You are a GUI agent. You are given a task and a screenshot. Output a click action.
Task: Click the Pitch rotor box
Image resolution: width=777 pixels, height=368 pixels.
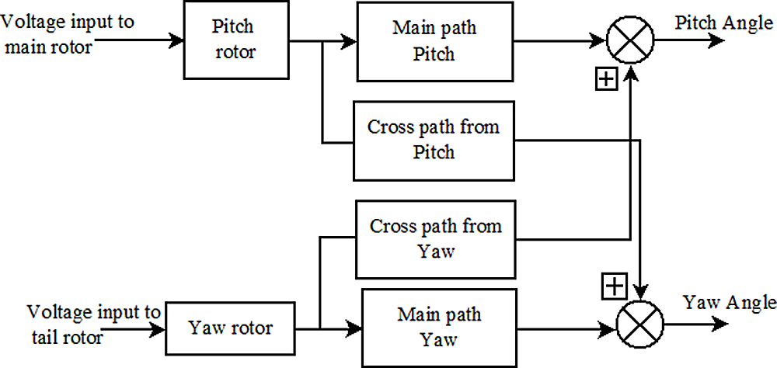232,40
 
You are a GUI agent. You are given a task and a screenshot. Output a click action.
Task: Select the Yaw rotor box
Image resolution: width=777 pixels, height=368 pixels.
231,328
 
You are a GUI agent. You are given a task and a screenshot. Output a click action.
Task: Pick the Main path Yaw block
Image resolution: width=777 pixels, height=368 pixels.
439,327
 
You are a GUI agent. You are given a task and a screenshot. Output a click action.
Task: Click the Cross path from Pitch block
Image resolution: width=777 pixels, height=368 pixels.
433,140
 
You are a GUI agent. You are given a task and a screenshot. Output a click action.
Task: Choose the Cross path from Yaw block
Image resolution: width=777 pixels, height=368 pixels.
435,238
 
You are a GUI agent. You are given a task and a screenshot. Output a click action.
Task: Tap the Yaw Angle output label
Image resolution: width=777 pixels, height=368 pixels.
728,301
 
